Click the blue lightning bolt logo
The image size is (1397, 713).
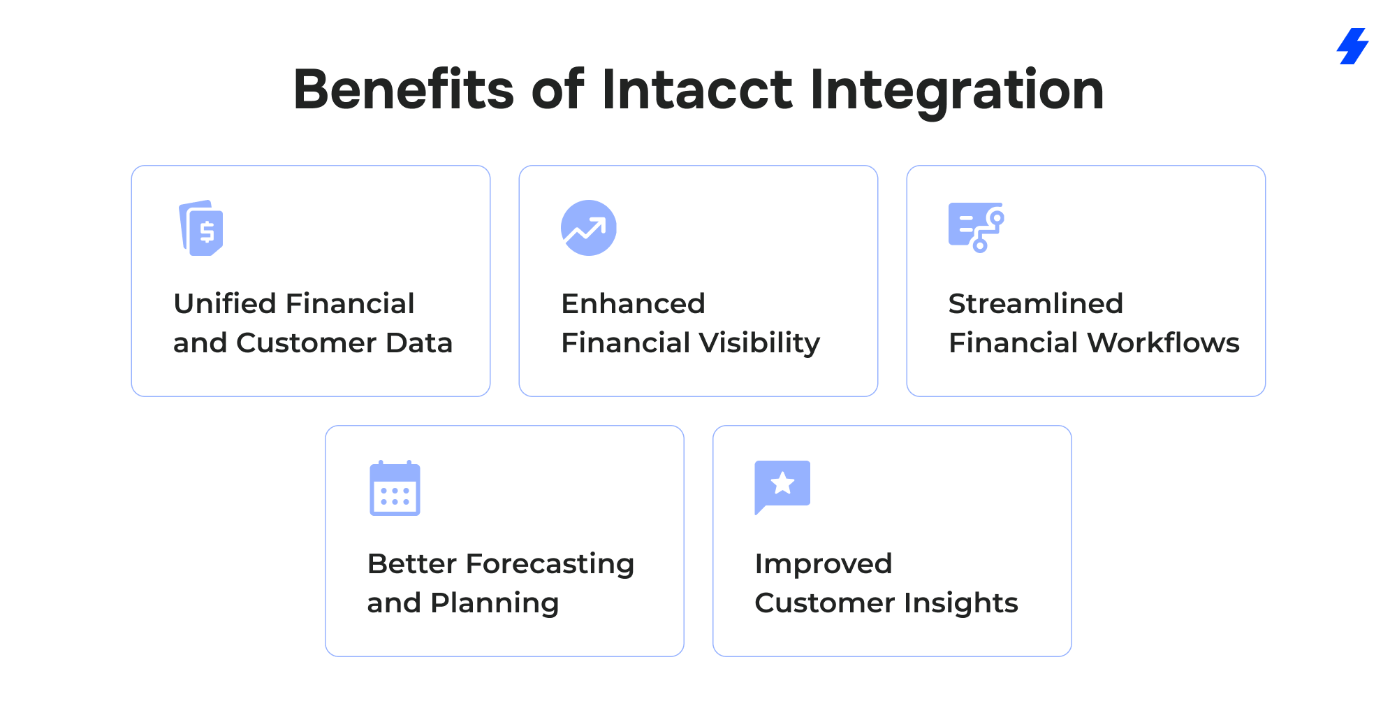[x=1353, y=46]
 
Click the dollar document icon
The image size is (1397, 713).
[x=201, y=228]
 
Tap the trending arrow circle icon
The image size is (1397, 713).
[x=589, y=228]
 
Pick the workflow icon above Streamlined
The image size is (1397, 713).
[x=977, y=227]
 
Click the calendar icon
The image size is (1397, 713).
[x=395, y=488]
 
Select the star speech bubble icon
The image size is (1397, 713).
[x=782, y=487]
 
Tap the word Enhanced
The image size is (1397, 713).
[x=633, y=303]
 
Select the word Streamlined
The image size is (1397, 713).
[x=1036, y=303]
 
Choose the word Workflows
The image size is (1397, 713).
[x=1164, y=343]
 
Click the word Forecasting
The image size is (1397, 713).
[x=550, y=564]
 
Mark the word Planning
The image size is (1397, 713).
[x=495, y=603]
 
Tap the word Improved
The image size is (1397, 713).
[x=824, y=564]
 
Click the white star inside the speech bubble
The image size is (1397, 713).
[x=782, y=483]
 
